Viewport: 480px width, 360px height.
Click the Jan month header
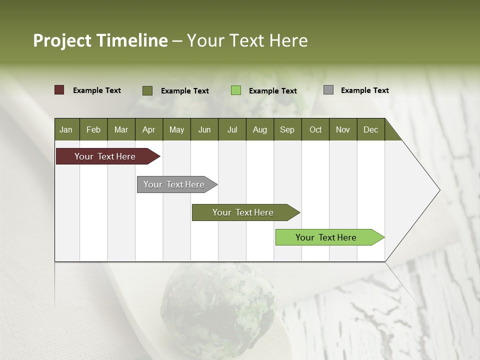point(66,129)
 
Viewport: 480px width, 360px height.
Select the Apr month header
point(148,129)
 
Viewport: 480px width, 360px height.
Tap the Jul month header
point(232,129)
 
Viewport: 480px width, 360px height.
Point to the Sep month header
point(287,129)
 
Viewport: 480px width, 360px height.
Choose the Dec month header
point(370,129)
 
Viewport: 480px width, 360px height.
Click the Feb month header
point(93,129)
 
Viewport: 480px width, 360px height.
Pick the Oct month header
point(315,129)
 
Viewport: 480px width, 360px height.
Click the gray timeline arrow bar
point(175,184)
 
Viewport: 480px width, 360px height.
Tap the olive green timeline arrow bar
point(244,212)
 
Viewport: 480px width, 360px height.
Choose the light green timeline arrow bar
point(327,237)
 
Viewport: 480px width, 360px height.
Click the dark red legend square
point(59,90)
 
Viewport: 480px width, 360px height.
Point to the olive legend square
point(147,90)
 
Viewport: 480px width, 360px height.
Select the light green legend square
point(236,90)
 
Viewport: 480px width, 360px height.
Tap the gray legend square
point(328,90)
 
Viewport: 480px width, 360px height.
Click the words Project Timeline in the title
point(100,40)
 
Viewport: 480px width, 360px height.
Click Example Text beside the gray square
point(364,90)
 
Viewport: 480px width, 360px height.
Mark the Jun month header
point(204,129)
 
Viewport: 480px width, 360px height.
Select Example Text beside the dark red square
point(97,90)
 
